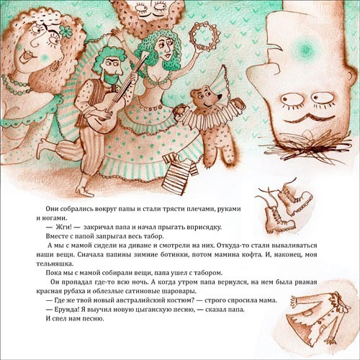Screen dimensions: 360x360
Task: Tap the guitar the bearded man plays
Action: click(x=113, y=101)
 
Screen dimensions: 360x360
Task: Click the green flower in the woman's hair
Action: click(x=66, y=31)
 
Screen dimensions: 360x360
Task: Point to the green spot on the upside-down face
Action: click(x=305, y=48)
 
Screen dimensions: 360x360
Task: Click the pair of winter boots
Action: click(x=285, y=206)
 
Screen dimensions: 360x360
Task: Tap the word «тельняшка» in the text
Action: click(x=55, y=264)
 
